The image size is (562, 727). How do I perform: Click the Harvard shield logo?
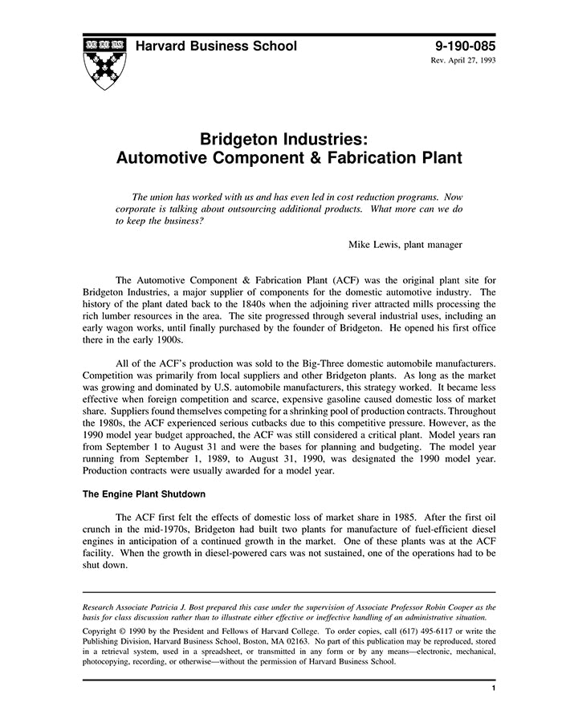tap(103, 63)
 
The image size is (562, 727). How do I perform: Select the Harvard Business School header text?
tap(216, 47)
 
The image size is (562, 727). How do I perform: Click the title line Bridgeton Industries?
tap(289, 137)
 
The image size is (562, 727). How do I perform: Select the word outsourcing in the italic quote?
tap(283, 209)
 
